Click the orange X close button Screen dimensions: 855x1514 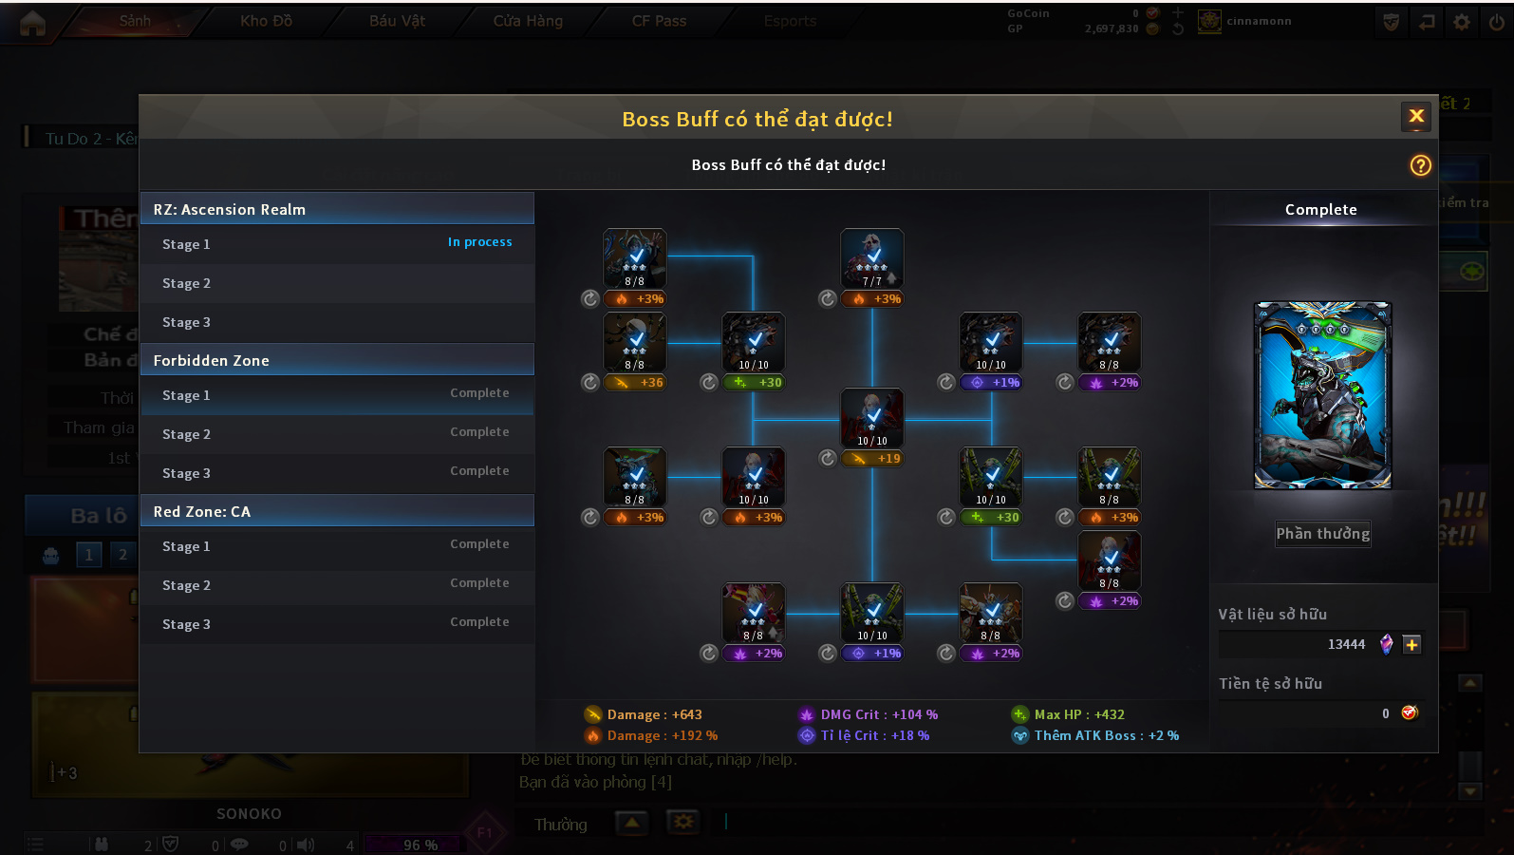click(x=1416, y=117)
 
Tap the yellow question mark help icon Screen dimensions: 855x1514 click(x=1420, y=165)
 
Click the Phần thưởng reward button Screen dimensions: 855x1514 click(x=1322, y=534)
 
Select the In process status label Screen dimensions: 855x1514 click(x=479, y=242)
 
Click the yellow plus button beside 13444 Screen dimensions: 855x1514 click(x=1411, y=644)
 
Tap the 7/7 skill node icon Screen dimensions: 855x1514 click(x=871, y=257)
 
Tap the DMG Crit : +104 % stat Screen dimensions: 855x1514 click(x=869, y=714)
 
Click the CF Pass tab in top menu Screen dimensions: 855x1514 click(x=659, y=21)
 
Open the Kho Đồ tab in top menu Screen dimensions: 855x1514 click(x=266, y=21)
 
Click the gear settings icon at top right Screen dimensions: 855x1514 click(x=1462, y=22)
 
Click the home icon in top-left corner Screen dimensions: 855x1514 click(x=32, y=23)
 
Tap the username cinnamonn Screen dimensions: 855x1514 click(x=1259, y=21)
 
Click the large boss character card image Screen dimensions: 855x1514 click(x=1322, y=395)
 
